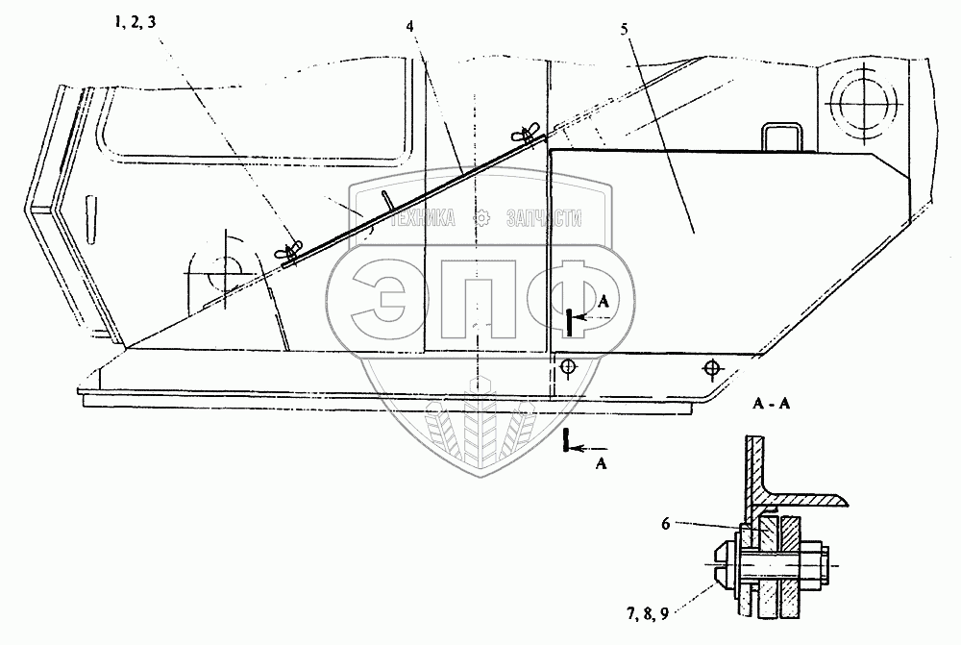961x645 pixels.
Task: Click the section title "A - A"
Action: coord(771,407)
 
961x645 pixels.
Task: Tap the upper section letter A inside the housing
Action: coord(602,301)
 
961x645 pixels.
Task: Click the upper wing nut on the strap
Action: coord(529,135)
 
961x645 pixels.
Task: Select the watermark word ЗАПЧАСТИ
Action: coord(545,220)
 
